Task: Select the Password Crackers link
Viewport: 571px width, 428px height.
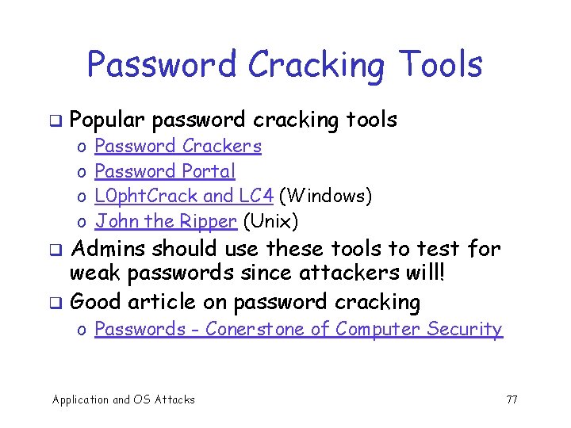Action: pos(178,146)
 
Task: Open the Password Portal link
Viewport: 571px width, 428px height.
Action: pos(165,171)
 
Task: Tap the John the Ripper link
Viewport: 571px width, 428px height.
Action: pos(166,220)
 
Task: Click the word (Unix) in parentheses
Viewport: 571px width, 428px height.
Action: pos(270,220)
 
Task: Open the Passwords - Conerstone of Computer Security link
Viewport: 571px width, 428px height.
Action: pos(298,329)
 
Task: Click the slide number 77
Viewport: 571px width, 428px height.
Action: pos(512,399)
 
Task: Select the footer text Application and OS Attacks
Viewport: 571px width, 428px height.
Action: pos(123,399)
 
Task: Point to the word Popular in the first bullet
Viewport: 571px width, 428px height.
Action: pos(107,120)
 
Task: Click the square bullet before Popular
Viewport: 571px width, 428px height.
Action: pos(56,121)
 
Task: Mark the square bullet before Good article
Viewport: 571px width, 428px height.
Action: pos(56,303)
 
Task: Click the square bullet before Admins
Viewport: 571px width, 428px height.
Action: pos(56,250)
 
